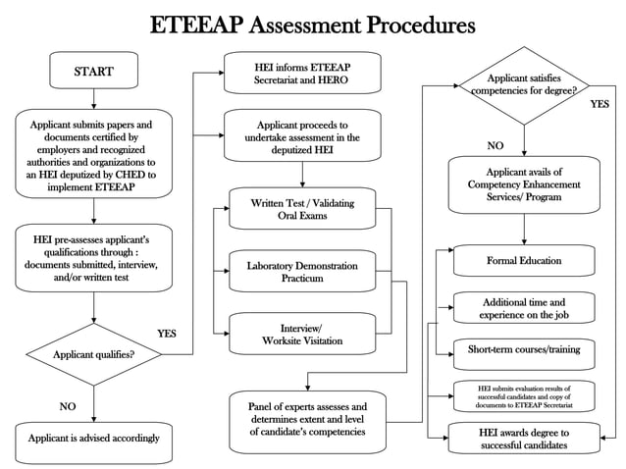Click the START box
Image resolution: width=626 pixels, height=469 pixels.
[93, 72]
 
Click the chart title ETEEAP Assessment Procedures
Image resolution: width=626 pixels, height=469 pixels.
[312, 24]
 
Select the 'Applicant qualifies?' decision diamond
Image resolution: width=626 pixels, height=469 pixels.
[94, 354]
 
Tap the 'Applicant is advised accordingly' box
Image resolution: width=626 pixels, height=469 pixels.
[93, 438]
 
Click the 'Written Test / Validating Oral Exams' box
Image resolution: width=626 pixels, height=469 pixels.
[301, 209]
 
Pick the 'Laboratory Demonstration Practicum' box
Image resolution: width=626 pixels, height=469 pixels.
[301, 272]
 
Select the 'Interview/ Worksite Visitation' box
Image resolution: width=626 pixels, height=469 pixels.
[301, 334]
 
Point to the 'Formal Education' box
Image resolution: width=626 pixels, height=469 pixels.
[524, 261]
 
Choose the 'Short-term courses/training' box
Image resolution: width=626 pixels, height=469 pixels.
[524, 349]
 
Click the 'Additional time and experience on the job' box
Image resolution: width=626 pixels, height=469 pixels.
[524, 308]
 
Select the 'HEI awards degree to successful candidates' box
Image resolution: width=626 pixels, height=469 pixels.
[524, 439]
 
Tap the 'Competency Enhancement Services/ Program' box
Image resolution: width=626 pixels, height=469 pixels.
[524, 184]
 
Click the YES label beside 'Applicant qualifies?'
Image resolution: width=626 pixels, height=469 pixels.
[167, 334]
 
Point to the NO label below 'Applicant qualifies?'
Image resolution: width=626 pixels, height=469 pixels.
[68, 405]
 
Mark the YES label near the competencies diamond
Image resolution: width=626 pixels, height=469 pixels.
[600, 104]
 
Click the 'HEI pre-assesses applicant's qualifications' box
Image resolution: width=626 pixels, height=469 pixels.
[94, 257]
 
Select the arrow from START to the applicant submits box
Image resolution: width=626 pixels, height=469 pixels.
[94, 98]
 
